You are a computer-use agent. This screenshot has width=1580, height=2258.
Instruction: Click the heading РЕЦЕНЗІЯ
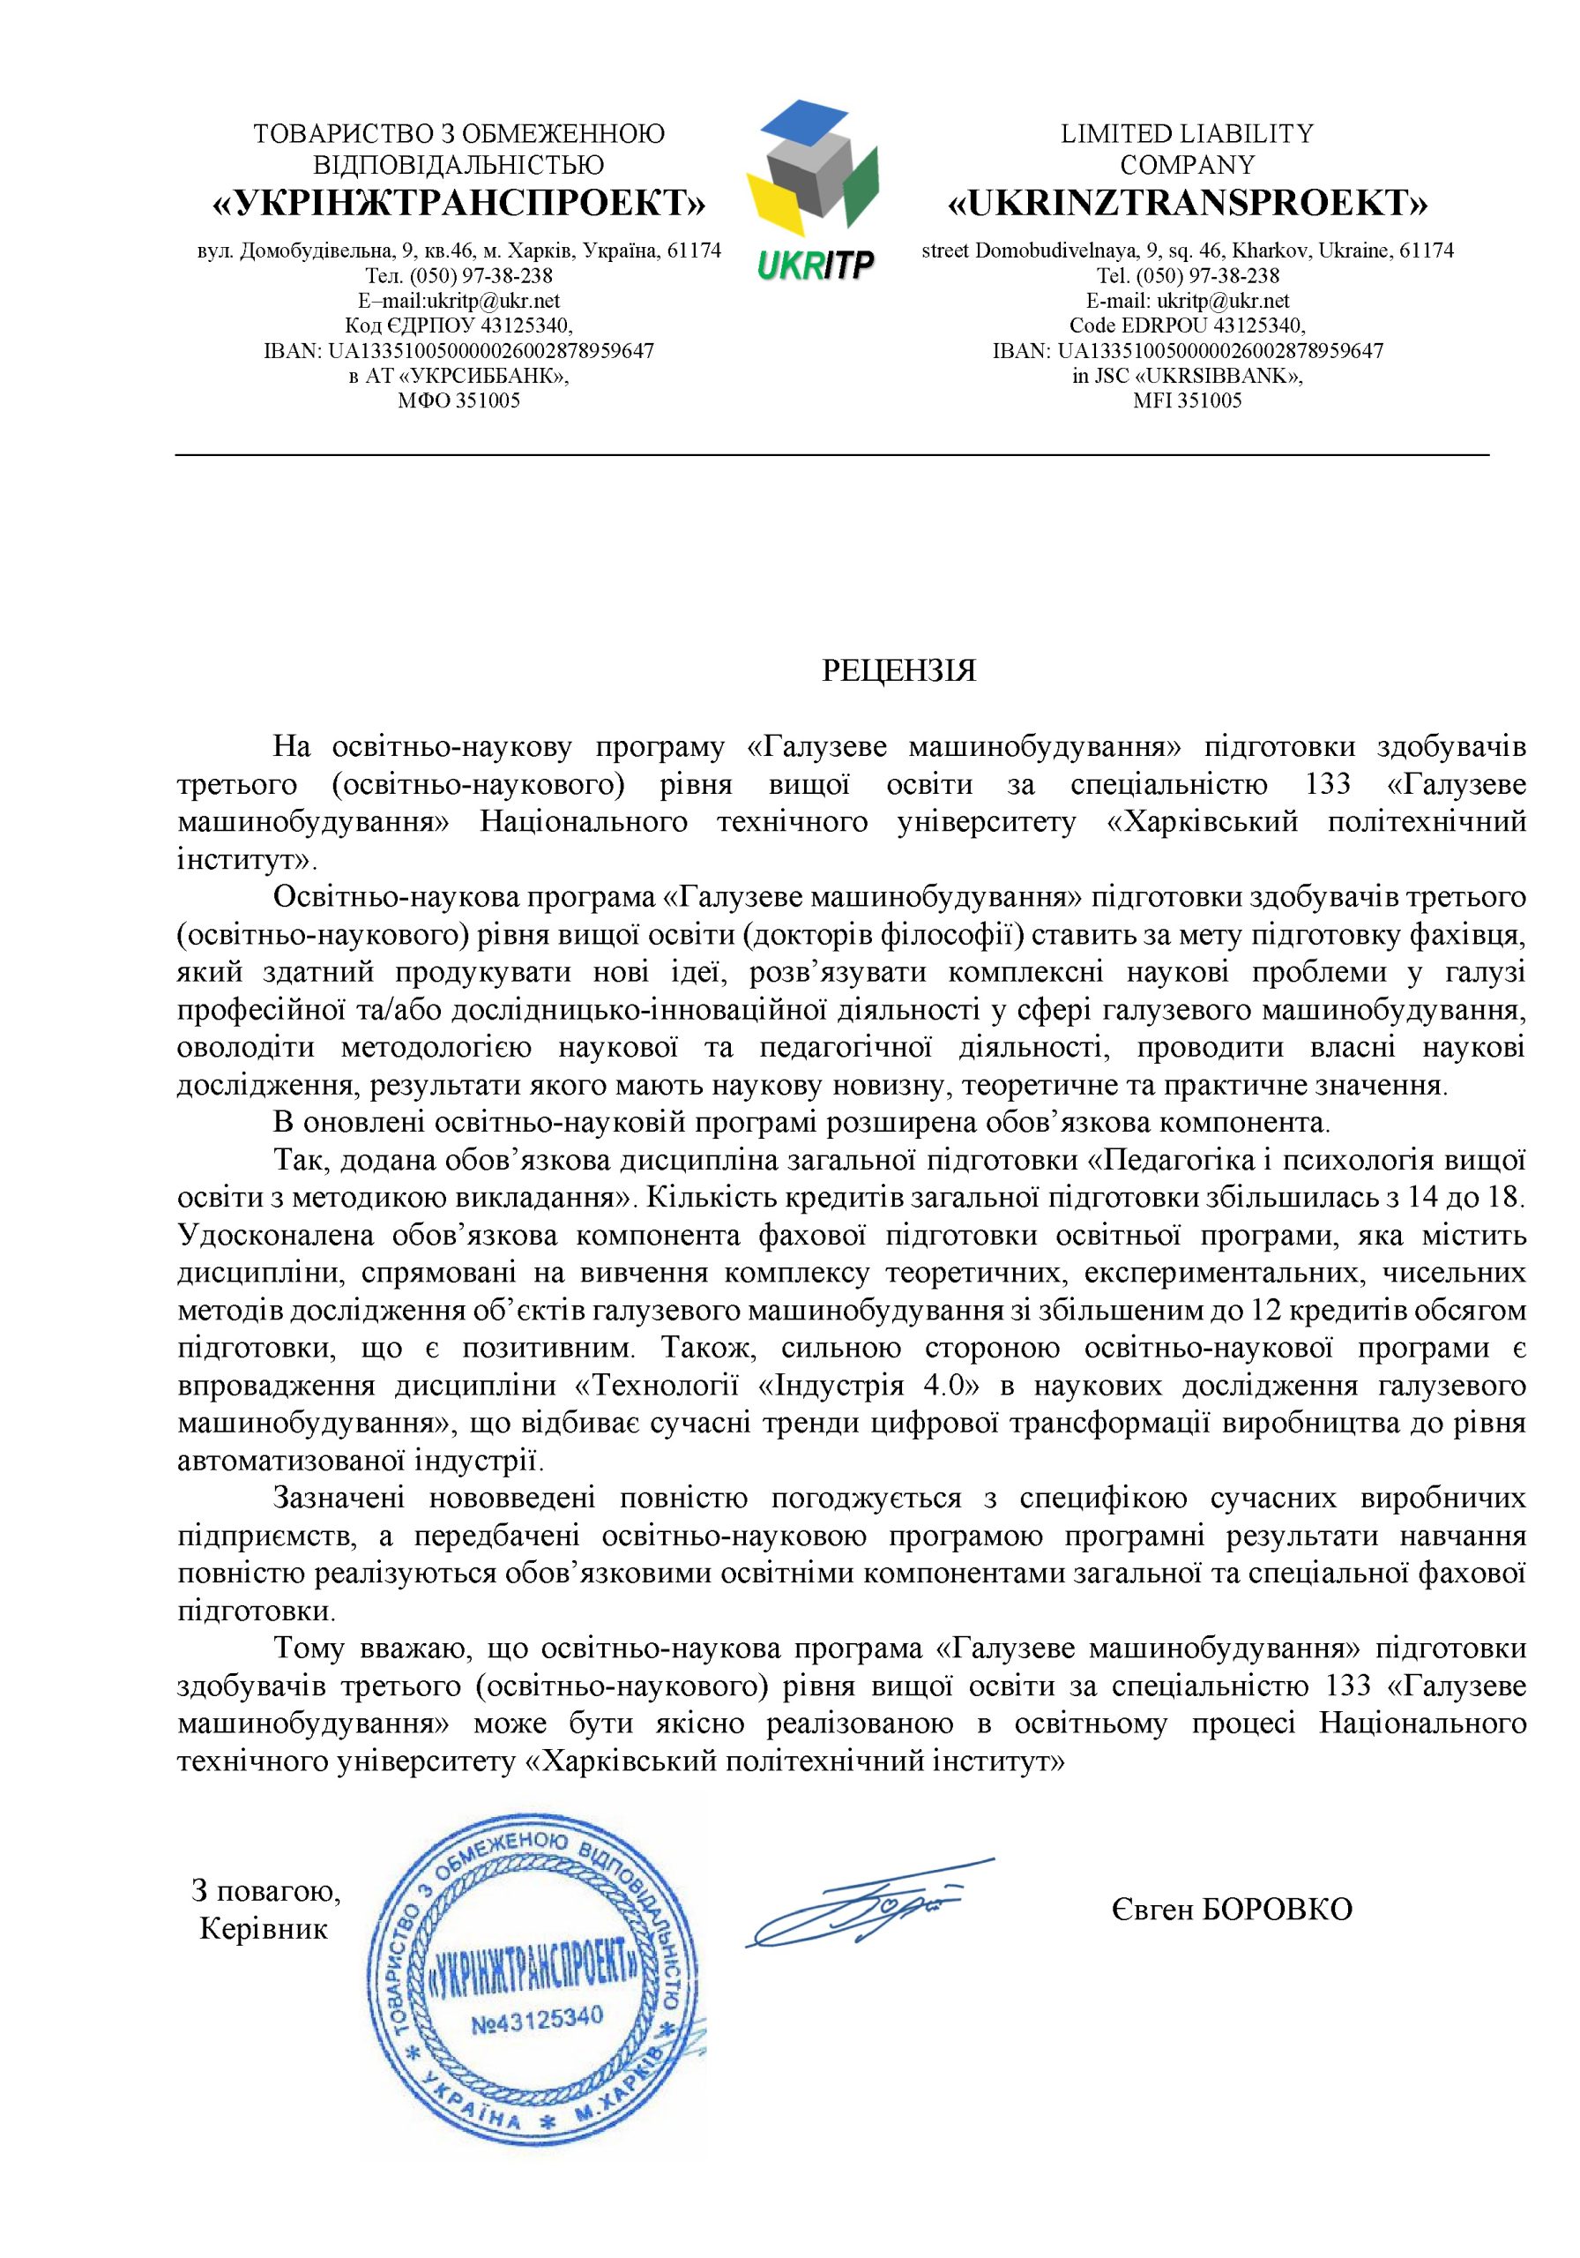[898, 672]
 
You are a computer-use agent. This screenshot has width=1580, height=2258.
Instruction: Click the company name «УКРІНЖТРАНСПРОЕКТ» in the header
[459, 204]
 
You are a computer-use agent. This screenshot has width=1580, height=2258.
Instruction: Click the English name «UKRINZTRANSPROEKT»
[1187, 204]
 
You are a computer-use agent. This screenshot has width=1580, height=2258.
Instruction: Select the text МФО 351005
[459, 400]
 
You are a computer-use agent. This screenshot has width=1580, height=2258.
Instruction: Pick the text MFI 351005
[1187, 400]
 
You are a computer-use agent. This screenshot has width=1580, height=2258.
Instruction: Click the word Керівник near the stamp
[264, 1928]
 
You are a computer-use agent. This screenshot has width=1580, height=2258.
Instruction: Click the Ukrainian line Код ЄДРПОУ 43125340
[459, 325]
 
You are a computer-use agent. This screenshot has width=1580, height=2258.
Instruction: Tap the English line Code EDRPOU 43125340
[1187, 325]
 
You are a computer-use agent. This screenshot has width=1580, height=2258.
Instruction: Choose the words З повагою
[265, 1890]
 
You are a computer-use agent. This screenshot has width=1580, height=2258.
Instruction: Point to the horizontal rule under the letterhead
[831, 455]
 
